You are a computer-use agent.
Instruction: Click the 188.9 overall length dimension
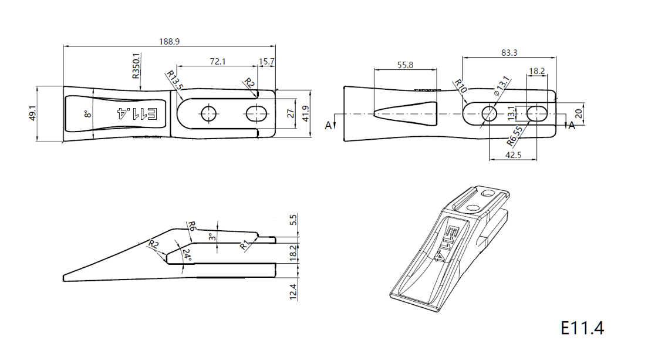click(x=170, y=41)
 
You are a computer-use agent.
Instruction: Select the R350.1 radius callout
click(x=136, y=66)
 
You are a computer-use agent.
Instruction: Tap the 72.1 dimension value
click(x=218, y=61)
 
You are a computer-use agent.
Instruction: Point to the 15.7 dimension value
click(x=266, y=61)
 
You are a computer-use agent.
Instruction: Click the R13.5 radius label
click(x=175, y=80)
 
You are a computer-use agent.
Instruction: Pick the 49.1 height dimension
click(x=33, y=113)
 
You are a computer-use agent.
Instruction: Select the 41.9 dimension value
click(x=305, y=113)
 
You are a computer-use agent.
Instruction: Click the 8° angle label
click(x=87, y=114)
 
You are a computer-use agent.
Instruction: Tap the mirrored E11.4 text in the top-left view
click(x=137, y=114)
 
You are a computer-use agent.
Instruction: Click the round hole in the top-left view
click(x=209, y=113)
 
